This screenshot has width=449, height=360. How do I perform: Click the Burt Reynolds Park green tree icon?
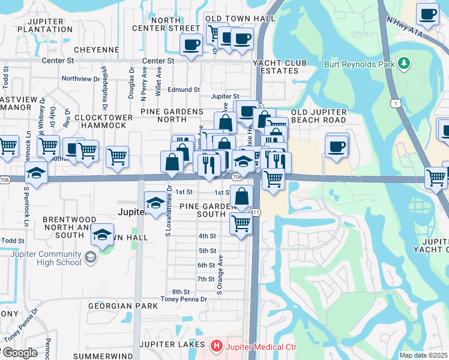[x=405, y=63]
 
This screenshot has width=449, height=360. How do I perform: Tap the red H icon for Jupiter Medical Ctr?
[x=216, y=346]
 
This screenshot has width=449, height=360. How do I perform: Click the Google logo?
[x=20, y=353]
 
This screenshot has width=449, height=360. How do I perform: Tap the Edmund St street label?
[x=184, y=89]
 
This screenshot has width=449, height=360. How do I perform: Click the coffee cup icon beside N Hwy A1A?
[x=427, y=14]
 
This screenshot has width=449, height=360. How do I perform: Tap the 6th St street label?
[x=206, y=265]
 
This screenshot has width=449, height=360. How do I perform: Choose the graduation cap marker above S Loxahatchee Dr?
[x=155, y=203]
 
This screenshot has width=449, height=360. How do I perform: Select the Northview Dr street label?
[x=81, y=79]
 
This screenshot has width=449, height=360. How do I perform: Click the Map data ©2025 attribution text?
[x=423, y=355]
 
